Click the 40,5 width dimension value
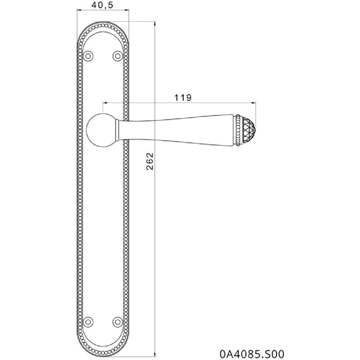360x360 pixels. pyautogui.click(x=102, y=5)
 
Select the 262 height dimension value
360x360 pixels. pyautogui.click(x=150, y=161)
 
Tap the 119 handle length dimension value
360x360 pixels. pyautogui.click(x=183, y=98)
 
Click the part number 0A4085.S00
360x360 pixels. pyautogui.click(x=252, y=354)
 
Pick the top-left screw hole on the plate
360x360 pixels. pyautogui.click(x=88, y=56)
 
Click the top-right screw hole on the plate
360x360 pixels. pyautogui.click(x=118, y=56)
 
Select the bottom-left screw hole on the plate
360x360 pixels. pyautogui.click(x=88, y=321)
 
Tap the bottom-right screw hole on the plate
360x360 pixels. pyautogui.click(x=118, y=321)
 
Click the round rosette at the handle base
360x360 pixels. pyautogui.click(x=102, y=130)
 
